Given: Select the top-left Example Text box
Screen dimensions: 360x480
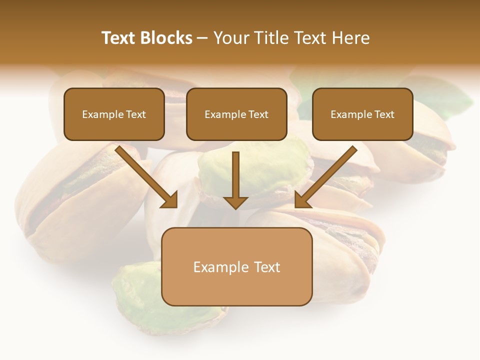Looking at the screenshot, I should pos(114,114).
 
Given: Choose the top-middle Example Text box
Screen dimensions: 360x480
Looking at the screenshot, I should pos(236,114).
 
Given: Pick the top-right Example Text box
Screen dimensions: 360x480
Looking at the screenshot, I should pos(362,114).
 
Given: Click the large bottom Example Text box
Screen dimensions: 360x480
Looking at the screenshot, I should pos(236,266).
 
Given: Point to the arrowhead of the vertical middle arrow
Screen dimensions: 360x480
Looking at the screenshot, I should pos(235,202).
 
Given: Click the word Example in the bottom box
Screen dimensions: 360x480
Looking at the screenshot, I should pos(217,267).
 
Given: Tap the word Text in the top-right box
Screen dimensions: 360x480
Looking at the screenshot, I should pos(384,114).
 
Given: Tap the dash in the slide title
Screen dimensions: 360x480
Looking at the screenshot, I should pos(202,38).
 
